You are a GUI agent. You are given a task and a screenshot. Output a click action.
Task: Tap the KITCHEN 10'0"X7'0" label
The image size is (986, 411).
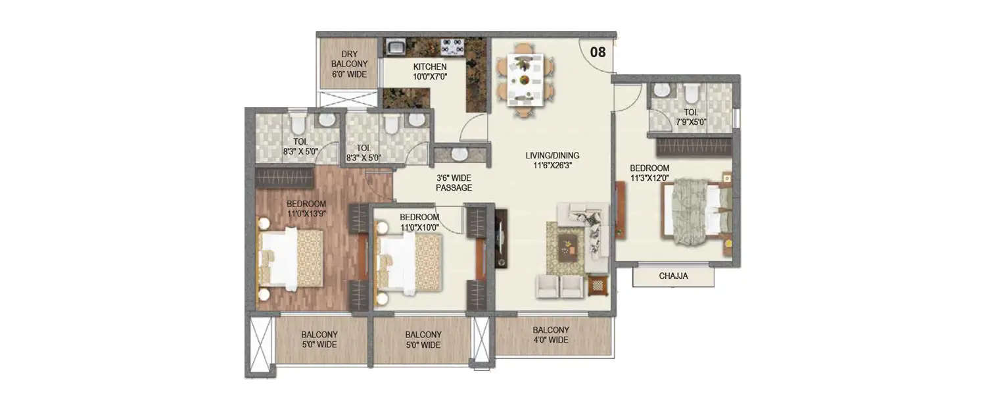pyautogui.click(x=430, y=72)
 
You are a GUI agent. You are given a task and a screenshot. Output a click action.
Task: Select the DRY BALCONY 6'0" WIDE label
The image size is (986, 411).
pyautogui.click(x=349, y=64)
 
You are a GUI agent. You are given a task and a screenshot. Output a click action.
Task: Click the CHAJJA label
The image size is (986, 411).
pyautogui.click(x=673, y=276)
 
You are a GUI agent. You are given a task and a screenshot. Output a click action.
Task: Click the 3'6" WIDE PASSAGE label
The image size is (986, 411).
pyautogui.click(x=454, y=183)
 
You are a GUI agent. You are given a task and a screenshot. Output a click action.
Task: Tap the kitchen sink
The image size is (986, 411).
pyautogui.click(x=396, y=47)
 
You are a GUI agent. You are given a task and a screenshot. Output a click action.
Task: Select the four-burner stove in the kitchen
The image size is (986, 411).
pyautogui.click(x=453, y=47)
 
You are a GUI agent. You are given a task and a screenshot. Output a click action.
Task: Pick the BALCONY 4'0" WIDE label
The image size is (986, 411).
pyautogui.click(x=551, y=335)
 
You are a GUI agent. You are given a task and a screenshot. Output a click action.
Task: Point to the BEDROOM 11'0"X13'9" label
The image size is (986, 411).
pyautogui.click(x=306, y=208)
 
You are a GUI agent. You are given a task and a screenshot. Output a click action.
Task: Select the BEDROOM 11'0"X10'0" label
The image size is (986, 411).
pyautogui.click(x=419, y=222)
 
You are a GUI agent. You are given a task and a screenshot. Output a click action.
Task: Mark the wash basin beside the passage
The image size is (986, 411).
pyautogui.click(x=459, y=154)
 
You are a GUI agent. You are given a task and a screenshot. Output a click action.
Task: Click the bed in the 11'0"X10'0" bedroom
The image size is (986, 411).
pyautogui.click(x=410, y=263)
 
